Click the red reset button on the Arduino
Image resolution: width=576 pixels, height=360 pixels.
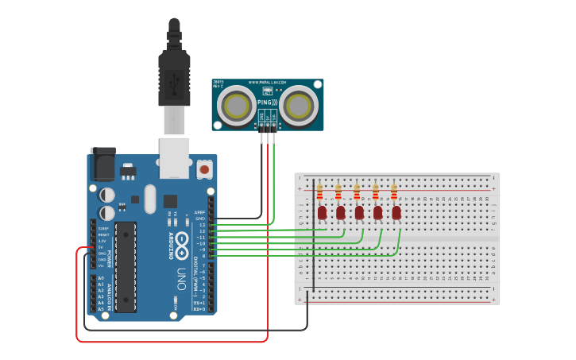204,168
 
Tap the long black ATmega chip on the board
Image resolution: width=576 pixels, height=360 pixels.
125,266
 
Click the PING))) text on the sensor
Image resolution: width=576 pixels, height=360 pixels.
268,103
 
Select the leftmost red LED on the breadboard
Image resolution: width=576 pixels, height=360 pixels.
322,212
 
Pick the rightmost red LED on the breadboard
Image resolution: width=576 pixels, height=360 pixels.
396,212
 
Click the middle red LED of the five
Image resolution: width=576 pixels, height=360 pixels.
359,212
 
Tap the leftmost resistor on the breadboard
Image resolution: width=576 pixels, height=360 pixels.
319,192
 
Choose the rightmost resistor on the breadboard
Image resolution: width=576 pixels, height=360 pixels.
393,192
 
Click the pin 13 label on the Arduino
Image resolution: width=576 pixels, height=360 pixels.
202,225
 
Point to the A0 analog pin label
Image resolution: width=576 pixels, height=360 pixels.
100,278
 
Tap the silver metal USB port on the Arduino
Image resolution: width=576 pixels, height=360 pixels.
174,157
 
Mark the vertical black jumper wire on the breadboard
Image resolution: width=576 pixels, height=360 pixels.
313,238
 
